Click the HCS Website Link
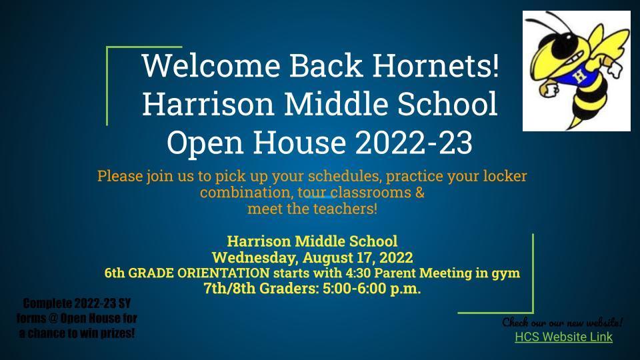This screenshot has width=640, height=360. tap(564, 337)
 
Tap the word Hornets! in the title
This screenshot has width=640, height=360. tap(435, 65)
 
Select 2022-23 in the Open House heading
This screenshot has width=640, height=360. tap(414, 142)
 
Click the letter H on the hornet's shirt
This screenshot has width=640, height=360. tap(579, 76)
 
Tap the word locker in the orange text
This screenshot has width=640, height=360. tap(505, 176)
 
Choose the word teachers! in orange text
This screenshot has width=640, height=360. tap(345, 209)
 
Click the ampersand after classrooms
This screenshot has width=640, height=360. tap(420, 192)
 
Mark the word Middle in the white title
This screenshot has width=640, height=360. tap(336, 103)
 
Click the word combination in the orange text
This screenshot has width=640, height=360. tap(247, 192)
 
